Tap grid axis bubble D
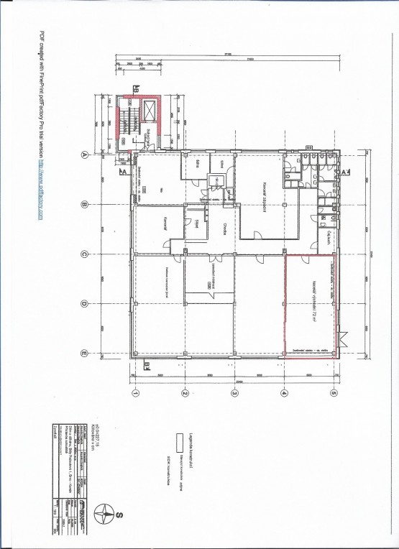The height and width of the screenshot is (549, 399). (84, 303)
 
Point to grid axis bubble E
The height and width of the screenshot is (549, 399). (84, 353)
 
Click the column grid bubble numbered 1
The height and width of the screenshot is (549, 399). (134, 393)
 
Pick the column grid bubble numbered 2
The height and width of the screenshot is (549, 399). (184, 393)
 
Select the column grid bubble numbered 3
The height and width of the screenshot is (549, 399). (234, 393)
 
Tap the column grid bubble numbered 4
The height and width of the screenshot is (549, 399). (283, 393)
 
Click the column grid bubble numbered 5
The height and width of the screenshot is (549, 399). (333, 393)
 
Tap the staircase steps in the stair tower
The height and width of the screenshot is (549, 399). (129, 119)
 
